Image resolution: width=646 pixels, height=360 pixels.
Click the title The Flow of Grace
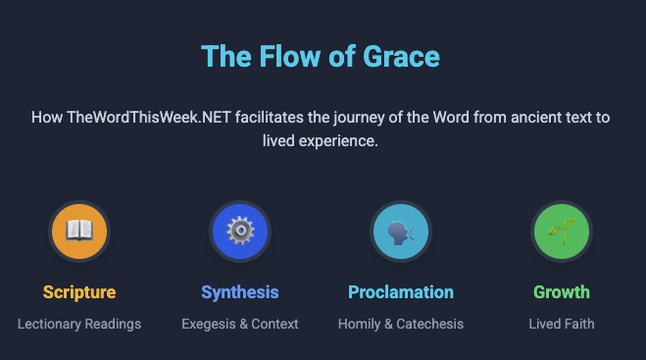coord(321,56)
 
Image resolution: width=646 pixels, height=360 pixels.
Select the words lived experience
coord(321,140)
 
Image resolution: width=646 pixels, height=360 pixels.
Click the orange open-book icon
coord(79,231)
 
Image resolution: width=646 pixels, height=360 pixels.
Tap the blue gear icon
coord(240,231)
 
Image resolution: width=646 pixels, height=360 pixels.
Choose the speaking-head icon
coord(401,231)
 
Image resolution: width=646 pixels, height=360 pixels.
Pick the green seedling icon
coord(562,231)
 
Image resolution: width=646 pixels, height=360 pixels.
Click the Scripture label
coord(79,292)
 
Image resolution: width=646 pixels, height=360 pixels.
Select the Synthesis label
coord(240,292)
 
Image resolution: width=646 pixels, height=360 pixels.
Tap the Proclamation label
coord(401,292)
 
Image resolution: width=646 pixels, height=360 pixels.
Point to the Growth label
coord(562,292)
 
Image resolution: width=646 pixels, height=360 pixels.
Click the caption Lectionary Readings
coord(79,324)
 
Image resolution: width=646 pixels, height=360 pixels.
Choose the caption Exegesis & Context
coord(240,324)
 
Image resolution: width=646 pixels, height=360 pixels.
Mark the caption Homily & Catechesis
coord(401,324)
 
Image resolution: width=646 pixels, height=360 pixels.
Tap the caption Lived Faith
coord(562,324)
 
